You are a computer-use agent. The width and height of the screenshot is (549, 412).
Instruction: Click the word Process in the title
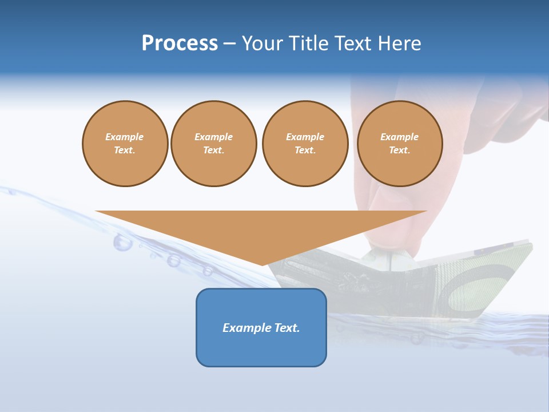[180, 43]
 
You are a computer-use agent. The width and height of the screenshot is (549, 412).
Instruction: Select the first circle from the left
[125, 144]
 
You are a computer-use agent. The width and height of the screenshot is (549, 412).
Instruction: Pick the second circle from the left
[213, 144]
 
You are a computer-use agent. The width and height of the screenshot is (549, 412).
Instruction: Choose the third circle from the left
[305, 144]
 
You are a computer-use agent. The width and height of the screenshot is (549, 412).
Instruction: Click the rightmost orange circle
[399, 144]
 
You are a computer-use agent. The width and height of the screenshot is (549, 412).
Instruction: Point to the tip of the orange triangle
[262, 264]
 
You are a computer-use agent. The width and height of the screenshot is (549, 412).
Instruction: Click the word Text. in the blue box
[287, 328]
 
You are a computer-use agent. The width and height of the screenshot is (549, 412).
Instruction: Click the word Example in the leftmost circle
[125, 137]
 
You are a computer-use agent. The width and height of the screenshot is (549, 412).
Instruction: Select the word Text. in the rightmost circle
[399, 150]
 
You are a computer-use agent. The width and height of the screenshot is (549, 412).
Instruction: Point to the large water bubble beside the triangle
[122, 243]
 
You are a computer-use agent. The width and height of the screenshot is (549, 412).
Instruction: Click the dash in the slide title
[229, 43]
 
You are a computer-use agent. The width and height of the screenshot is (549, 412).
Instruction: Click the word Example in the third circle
[305, 137]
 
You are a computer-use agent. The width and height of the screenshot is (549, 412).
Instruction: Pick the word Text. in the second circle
[213, 150]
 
